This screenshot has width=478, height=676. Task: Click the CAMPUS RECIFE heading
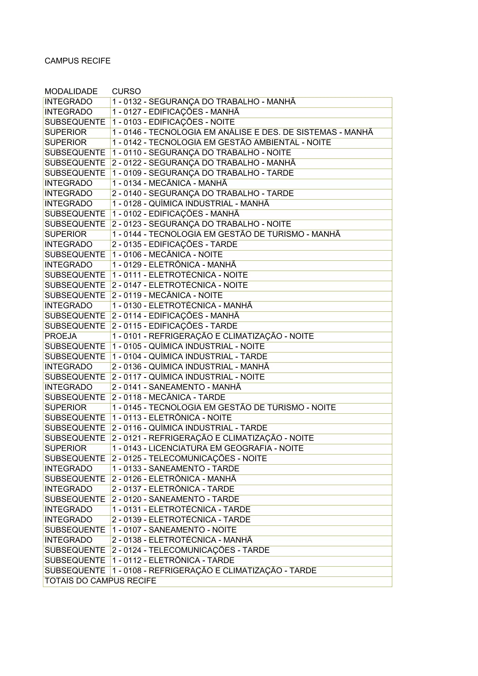77,61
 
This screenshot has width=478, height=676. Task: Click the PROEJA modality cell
61,336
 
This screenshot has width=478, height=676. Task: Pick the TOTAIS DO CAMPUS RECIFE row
100,581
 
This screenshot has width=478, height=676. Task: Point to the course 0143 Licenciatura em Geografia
208,448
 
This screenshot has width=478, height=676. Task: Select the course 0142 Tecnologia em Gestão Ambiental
221,142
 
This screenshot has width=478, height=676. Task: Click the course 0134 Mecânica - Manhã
170,183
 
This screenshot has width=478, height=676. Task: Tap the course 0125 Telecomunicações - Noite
189,458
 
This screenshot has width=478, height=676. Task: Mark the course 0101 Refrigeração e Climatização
213,336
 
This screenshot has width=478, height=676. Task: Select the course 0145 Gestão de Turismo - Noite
224,408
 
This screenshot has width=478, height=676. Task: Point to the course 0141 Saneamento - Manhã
176,387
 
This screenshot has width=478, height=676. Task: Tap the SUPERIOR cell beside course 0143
66,448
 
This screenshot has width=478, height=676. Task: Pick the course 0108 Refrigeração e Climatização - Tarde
214,570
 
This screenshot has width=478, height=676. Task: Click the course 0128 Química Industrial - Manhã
190,203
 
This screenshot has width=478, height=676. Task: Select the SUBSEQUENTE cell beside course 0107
75,530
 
